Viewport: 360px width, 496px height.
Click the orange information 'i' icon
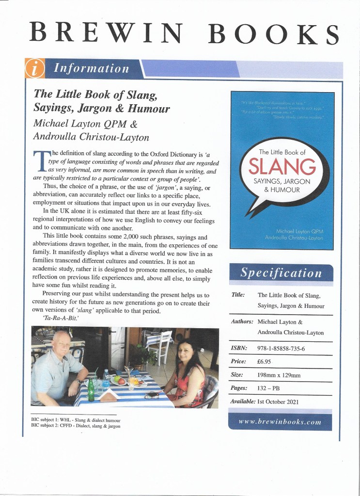tap(34, 68)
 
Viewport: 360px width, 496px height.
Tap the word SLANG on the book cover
tap(282, 166)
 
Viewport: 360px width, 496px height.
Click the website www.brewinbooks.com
tap(280, 422)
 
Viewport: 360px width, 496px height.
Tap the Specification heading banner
tap(281, 273)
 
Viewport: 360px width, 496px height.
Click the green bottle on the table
tap(90, 390)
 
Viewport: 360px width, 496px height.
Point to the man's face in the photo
tap(62, 345)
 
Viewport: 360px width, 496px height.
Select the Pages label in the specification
tap(238, 388)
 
